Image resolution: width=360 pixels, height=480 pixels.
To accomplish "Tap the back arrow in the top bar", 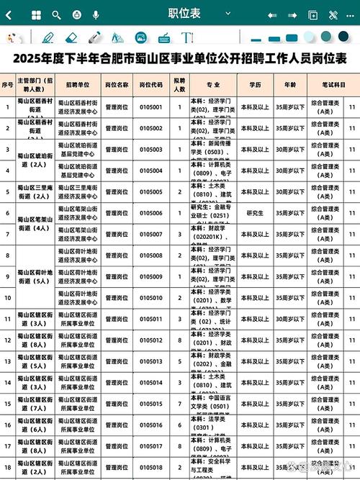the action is tap(9, 14).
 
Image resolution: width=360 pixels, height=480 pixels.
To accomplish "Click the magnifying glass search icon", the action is tap(57, 14).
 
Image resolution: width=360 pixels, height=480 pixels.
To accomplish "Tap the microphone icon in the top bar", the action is tap(96, 14).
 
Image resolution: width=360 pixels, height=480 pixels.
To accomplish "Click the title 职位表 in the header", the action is tap(184, 14).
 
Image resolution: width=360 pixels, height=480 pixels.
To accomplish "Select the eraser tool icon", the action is tap(71, 37).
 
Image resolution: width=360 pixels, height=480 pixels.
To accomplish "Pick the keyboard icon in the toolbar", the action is tap(163, 37).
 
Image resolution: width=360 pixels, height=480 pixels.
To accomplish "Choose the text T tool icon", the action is tap(186, 37).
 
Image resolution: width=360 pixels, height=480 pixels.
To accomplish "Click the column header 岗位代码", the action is tap(150, 85).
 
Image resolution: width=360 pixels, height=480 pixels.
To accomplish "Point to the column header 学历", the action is tap(255, 85).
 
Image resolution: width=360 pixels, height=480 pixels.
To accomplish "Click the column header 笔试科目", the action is tap(326, 85).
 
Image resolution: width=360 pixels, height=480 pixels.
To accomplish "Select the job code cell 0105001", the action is tap(150, 107).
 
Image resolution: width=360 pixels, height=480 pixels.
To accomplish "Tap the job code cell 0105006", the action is tap(150, 213).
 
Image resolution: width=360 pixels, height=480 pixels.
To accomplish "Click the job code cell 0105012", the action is tap(150, 340).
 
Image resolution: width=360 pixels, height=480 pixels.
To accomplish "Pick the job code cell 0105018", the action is tap(150, 468).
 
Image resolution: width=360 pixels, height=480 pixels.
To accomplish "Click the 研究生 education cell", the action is tap(255, 213).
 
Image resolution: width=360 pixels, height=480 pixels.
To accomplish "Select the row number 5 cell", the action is tap(7, 192).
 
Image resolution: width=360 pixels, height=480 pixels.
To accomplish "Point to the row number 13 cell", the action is tap(7, 362).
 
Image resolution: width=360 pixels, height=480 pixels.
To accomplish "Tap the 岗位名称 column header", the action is tap(117, 85).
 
